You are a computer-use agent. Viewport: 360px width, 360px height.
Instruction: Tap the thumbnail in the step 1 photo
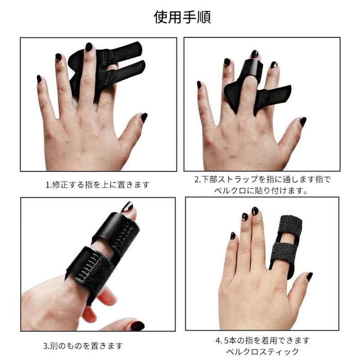[x=144, y=117]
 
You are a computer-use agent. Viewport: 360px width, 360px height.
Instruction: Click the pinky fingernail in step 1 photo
[x=39, y=79]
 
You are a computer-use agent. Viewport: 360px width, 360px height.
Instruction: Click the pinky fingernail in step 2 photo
[x=199, y=85]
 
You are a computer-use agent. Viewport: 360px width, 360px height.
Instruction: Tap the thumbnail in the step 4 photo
[x=310, y=276]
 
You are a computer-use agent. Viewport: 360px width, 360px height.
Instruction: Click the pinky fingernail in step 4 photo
[x=233, y=236]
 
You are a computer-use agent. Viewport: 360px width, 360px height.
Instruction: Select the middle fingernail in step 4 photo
[x=255, y=211]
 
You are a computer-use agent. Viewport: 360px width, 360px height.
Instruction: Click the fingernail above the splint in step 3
[x=128, y=207]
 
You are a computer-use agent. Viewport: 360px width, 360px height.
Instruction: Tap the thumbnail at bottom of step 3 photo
[x=137, y=325]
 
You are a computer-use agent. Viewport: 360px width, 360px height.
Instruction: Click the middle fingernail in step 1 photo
[x=89, y=47]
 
